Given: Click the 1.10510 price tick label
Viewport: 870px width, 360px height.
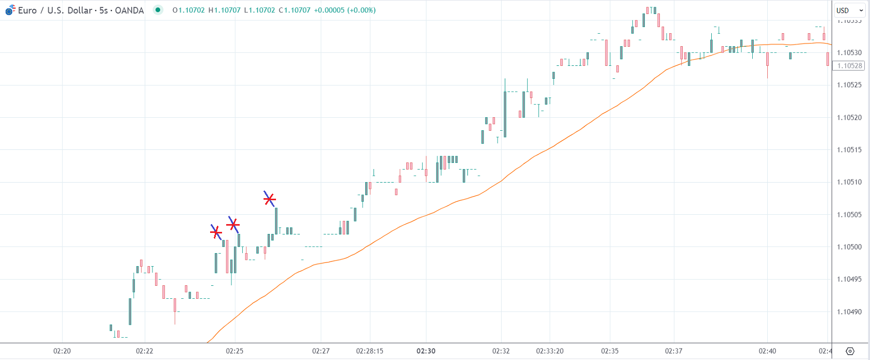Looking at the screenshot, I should [849, 182].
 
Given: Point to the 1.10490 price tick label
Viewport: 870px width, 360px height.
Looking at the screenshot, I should [849, 312].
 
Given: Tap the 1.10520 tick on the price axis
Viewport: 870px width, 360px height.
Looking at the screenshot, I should [849, 118].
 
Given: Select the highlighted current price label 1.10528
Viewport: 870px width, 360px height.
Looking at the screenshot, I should [849, 66].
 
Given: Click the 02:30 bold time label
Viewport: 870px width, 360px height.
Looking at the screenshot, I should [426, 351].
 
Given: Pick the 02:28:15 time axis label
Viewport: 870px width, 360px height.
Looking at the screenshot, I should [369, 351].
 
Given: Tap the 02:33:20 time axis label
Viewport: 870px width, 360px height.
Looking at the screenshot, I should [549, 351].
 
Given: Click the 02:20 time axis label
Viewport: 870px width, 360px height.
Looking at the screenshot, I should [62, 351].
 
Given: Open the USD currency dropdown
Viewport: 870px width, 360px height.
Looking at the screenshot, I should [849, 10].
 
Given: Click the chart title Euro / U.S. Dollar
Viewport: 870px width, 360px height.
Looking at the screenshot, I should [55, 10].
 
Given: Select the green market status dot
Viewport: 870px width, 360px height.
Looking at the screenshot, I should [158, 10].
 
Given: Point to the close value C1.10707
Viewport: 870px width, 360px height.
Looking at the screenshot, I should [294, 10].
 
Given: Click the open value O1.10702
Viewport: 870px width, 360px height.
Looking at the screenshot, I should [188, 10].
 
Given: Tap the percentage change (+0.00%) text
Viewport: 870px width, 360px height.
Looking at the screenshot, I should [361, 10].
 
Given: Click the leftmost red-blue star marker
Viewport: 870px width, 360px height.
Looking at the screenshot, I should [216, 232].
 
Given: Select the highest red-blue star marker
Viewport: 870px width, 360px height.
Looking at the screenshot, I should [269, 199].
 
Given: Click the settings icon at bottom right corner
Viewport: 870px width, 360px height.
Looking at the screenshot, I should [850, 351].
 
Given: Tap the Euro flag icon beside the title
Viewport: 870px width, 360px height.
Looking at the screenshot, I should [10, 10].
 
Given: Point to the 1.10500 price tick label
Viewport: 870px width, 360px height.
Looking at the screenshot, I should [849, 247].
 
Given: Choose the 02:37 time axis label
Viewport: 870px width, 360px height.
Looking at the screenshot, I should [673, 351].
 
